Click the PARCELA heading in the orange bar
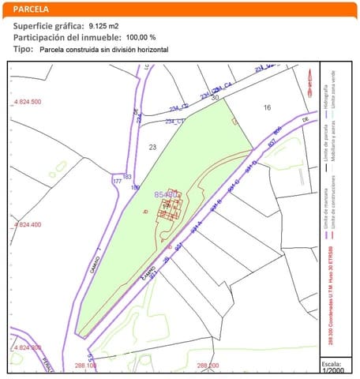coord(31,9)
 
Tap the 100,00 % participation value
coord(141,37)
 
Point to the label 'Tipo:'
coord(23,49)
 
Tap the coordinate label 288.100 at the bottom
coord(86,366)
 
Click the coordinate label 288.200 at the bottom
coord(208,366)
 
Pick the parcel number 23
coord(152,148)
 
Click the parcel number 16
coord(267,107)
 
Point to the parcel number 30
coord(215,97)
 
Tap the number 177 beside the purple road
coord(118,182)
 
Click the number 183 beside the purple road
coord(127,176)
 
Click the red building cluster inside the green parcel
coord(171,207)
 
